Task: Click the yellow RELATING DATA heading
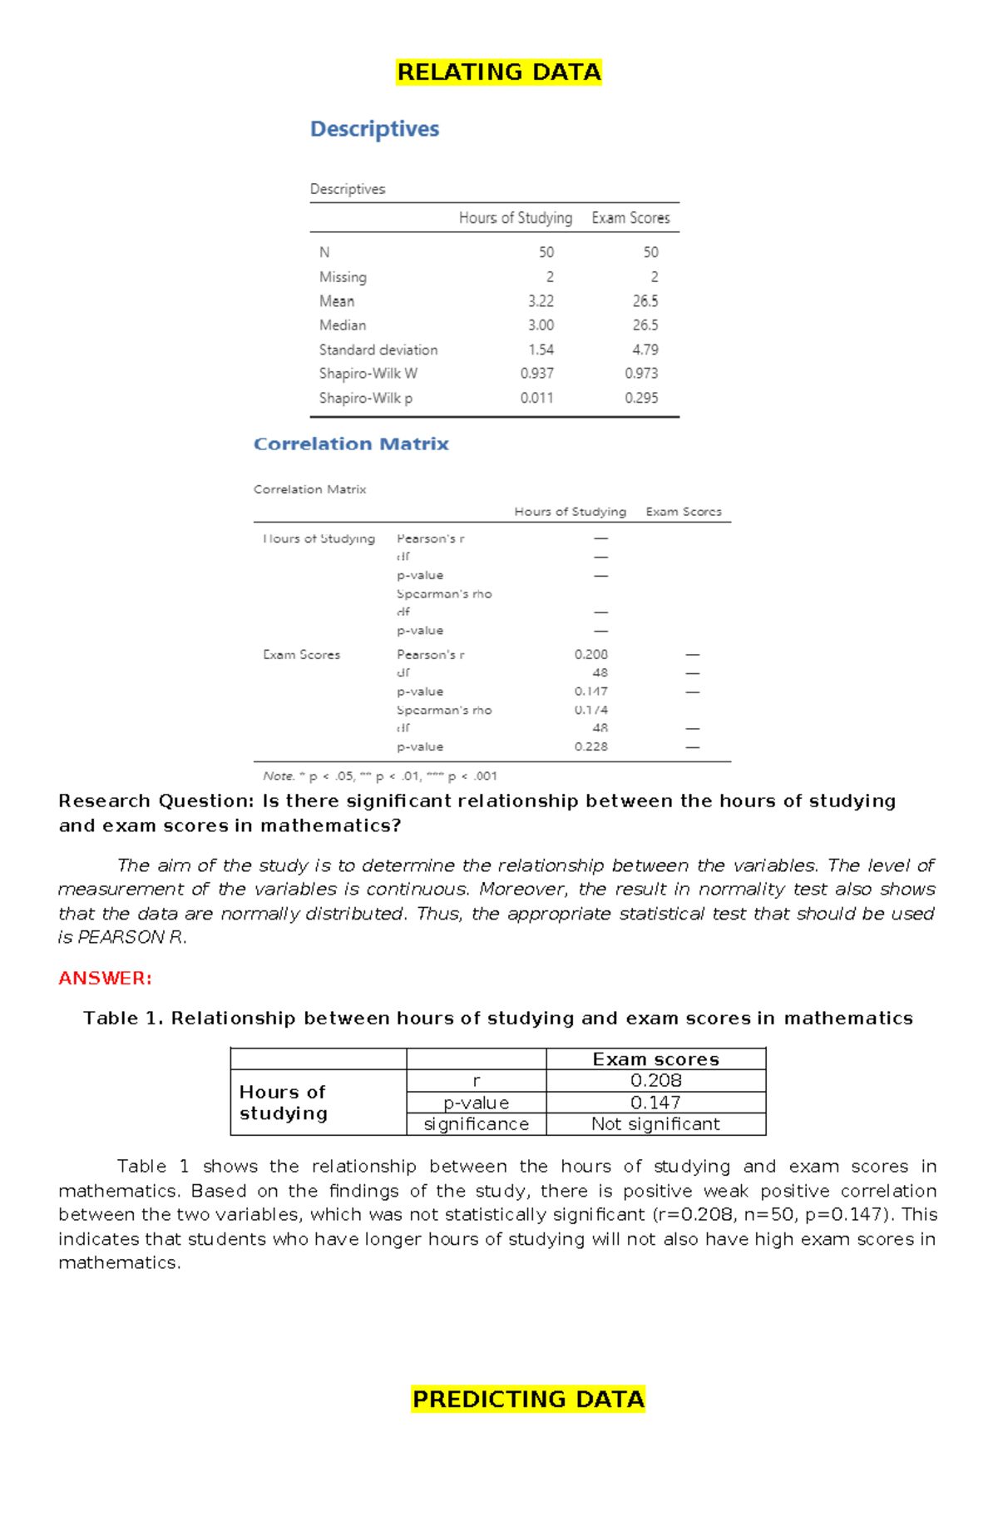point(498,72)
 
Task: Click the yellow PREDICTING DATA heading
point(528,1399)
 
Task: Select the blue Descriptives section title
point(374,129)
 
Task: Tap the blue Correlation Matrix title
point(351,444)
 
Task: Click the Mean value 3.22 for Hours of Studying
point(541,301)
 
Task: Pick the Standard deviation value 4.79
point(645,350)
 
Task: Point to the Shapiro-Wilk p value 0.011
point(536,398)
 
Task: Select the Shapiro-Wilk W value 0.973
point(641,374)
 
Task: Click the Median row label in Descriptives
point(343,325)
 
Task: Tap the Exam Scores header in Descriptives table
point(630,218)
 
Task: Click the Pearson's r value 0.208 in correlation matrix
point(590,655)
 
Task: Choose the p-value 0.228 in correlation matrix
point(590,746)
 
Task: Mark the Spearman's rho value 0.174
point(590,710)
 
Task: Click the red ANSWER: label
point(105,978)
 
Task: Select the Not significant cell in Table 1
point(655,1124)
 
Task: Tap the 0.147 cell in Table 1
point(655,1103)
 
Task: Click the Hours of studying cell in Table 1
point(284,1103)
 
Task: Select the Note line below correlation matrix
point(379,776)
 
